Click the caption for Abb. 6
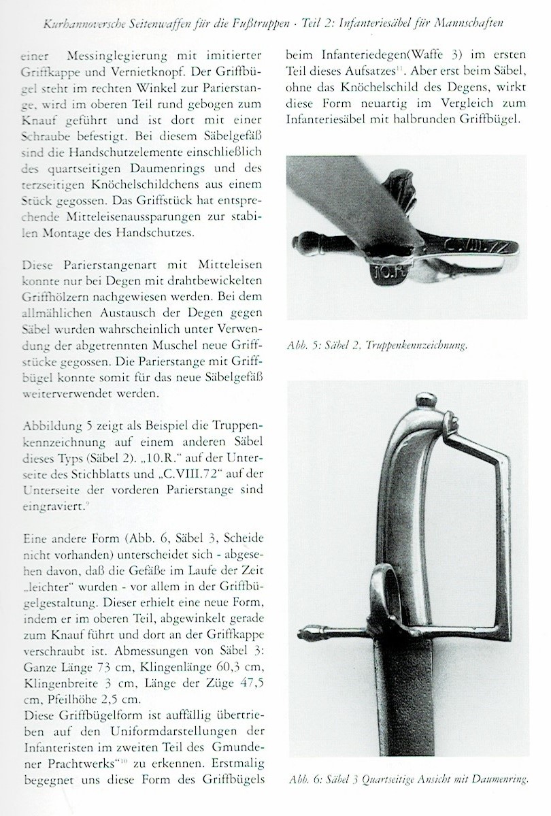408,779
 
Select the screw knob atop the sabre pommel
426,399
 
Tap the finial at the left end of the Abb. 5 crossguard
303,242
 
